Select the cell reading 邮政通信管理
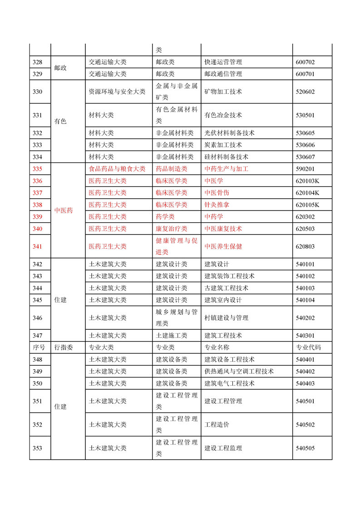point(223,73)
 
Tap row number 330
point(38,92)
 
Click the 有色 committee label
point(60,121)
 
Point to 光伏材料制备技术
point(229,133)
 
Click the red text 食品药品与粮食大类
point(117,169)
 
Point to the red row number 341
point(38,246)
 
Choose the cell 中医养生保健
point(223,246)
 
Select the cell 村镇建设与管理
point(226,318)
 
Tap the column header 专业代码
point(308,347)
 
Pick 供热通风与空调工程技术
point(239,371)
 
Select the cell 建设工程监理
point(223,448)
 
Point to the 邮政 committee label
point(60,68)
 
